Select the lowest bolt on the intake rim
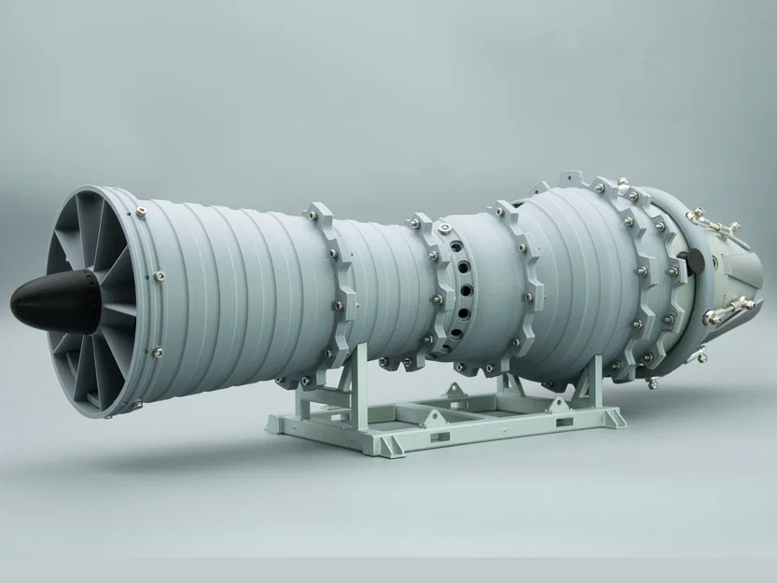pyautogui.click(x=137, y=405)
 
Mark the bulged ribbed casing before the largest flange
pyautogui.click(x=578, y=271)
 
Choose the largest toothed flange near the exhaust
pyautogui.click(x=644, y=280)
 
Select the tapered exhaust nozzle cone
pyautogui.click(x=737, y=271)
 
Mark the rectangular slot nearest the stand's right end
pyautogui.click(x=564, y=423)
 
